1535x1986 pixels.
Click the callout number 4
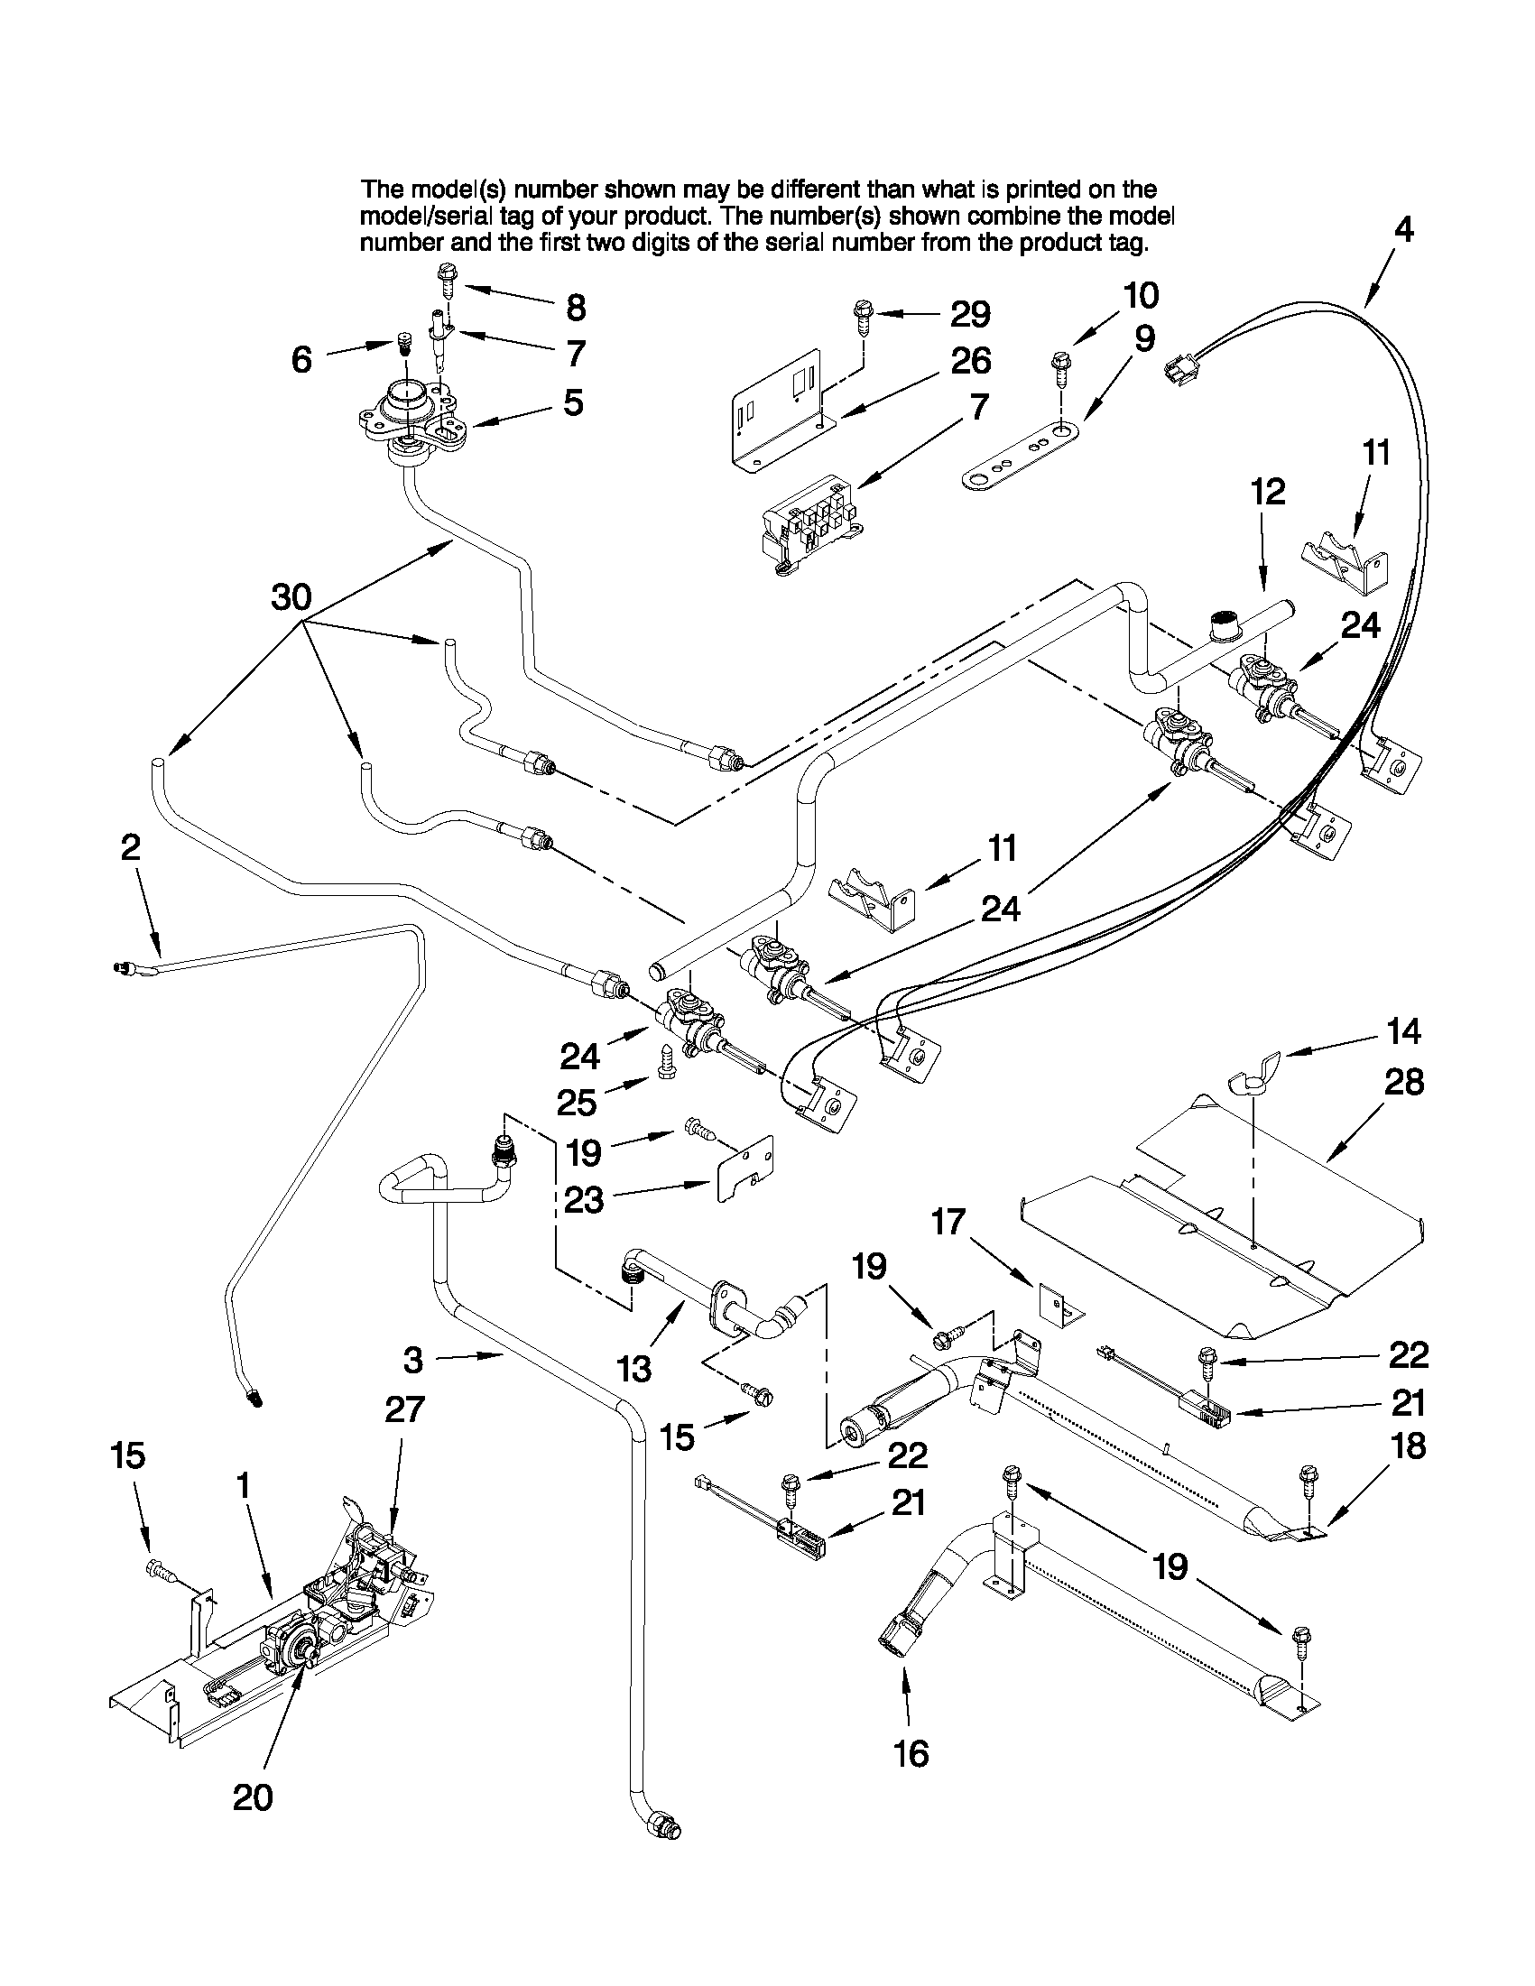pos(1403,230)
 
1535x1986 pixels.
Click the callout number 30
pos(291,597)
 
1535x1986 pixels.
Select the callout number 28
pos(1403,1082)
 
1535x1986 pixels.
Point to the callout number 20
pos(253,1797)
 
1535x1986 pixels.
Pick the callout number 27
pos(404,1409)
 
